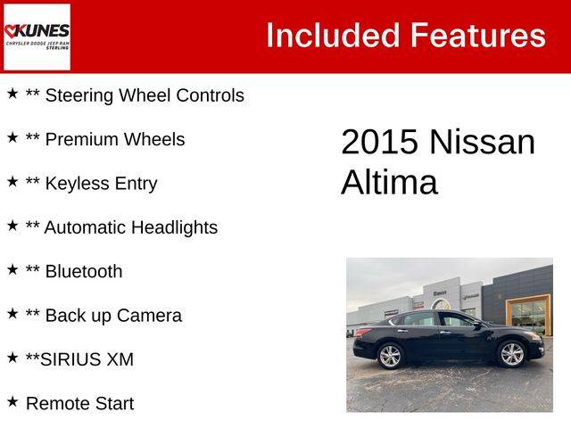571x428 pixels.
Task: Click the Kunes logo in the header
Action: click(37, 37)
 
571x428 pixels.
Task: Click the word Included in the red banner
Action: click(333, 36)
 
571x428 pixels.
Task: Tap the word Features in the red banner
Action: click(478, 36)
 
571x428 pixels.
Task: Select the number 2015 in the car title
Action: click(379, 142)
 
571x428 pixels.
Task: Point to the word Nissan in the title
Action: click(483, 142)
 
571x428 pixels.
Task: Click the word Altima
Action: click(389, 182)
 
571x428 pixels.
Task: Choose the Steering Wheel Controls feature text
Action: click(145, 95)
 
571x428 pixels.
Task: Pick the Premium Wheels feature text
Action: click(115, 139)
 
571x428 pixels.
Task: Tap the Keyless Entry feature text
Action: click(101, 184)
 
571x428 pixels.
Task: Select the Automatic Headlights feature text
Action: click(131, 227)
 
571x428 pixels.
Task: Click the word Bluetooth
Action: click(84, 271)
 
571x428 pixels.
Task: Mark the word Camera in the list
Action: click(149, 316)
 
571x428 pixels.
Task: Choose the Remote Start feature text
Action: click(80, 404)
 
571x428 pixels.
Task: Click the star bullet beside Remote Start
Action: click(12, 402)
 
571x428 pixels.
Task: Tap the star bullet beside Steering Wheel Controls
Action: click(12, 94)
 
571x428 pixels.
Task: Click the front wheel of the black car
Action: click(511, 354)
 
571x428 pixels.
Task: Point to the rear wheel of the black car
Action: click(391, 356)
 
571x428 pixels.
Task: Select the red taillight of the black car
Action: click(362, 333)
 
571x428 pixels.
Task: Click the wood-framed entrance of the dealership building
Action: click(529, 315)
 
